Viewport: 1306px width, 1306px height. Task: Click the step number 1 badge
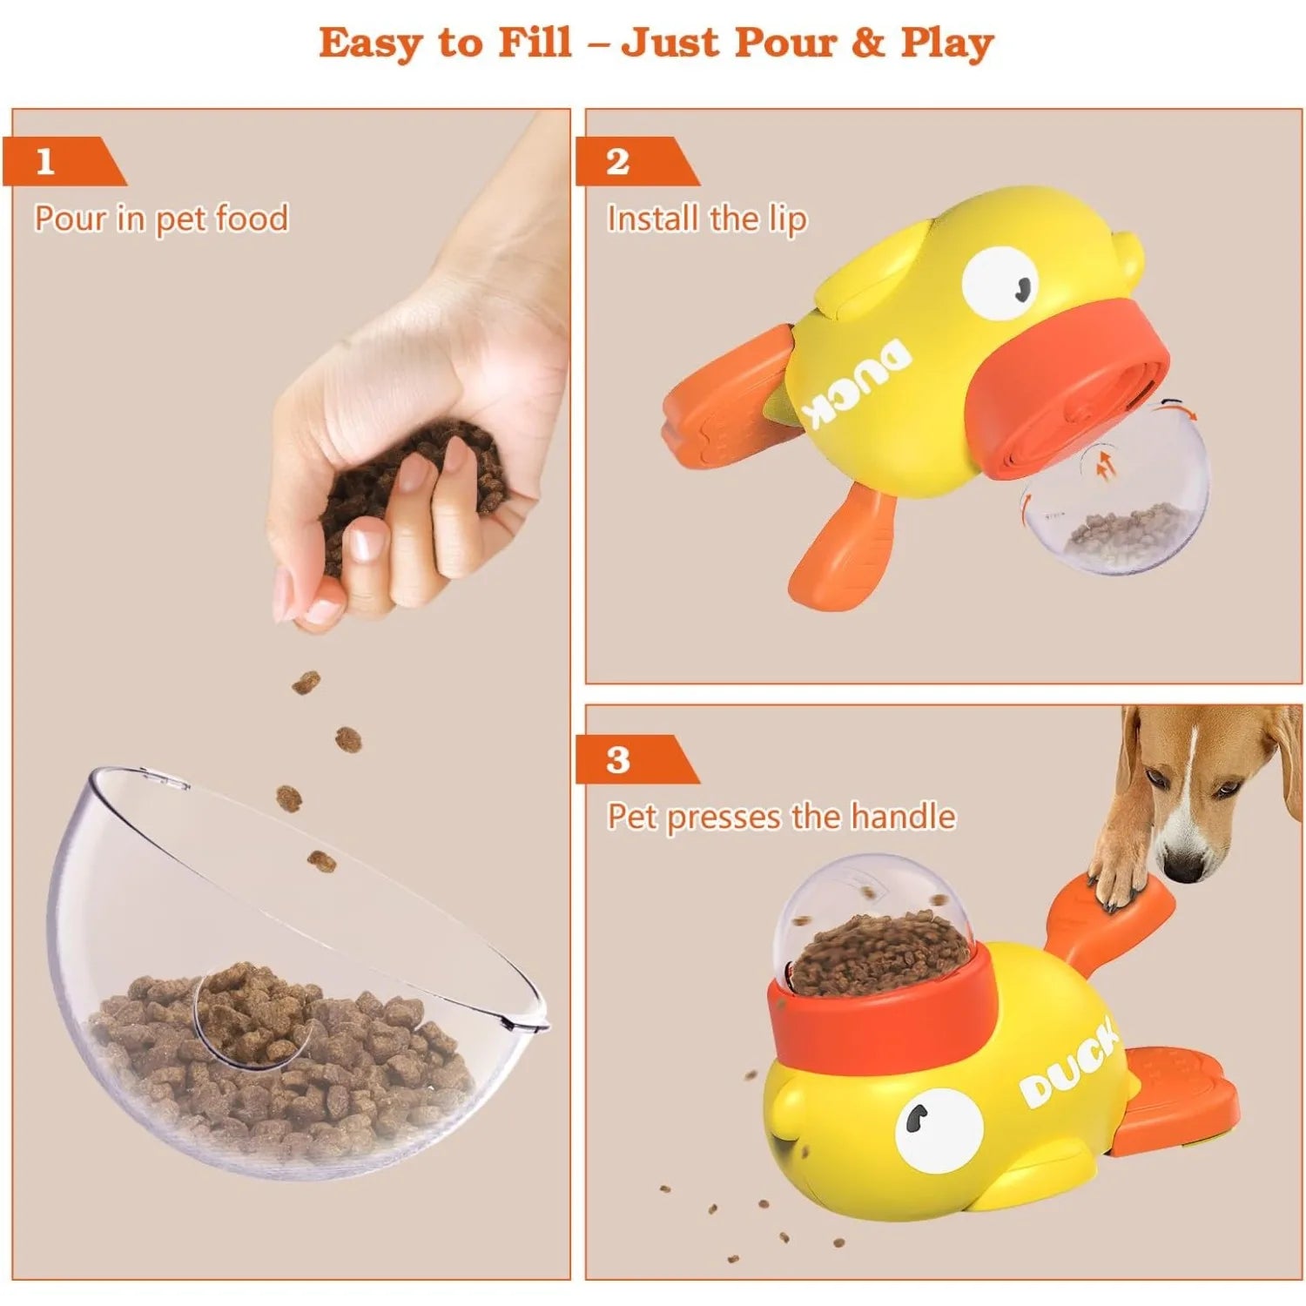(x=63, y=162)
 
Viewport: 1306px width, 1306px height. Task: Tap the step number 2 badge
(x=636, y=162)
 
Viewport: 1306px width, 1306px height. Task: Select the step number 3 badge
(x=636, y=760)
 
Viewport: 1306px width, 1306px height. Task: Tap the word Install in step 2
(x=654, y=219)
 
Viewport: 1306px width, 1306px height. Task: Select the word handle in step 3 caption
(x=903, y=817)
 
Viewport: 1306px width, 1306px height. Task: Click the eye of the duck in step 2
(x=1000, y=283)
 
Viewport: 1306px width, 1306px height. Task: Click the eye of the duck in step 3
(x=938, y=1129)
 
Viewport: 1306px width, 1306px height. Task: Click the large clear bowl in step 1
(x=296, y=975)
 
